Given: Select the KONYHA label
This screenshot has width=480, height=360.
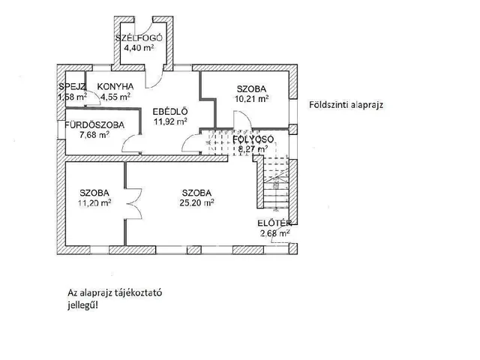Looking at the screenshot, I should [x=116, y=85].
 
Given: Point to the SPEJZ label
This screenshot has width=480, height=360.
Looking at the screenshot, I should [x=72, y=85].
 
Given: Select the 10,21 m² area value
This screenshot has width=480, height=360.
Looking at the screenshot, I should [x=252, y=97].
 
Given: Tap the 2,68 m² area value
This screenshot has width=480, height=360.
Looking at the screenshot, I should [x=273, y=232].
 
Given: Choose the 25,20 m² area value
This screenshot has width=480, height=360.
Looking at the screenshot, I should [x=198, y=202].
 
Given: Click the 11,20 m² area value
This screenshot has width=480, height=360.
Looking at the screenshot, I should [x=95, y=202].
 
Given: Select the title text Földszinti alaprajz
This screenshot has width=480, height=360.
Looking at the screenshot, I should [x=346, y=105].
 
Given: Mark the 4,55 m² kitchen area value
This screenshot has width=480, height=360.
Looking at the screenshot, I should [x=115, y=96].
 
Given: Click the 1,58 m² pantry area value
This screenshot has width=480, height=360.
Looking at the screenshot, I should [x=72, y=96].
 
